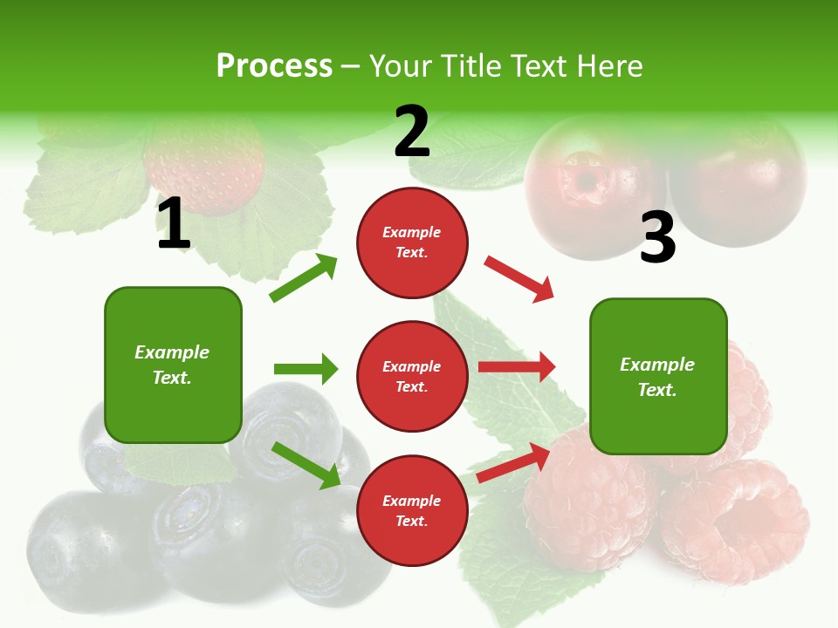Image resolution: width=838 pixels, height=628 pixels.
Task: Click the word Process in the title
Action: point(274,66)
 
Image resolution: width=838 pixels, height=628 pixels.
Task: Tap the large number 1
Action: point(173,224)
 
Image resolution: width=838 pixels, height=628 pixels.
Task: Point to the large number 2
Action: point(412,132)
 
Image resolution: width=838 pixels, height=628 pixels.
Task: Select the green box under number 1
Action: point(173,365)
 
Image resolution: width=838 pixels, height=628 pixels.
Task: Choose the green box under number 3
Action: point(658,376)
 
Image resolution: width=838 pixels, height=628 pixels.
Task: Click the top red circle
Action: point(412,242)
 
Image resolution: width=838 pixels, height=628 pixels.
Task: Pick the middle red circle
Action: point(412,376)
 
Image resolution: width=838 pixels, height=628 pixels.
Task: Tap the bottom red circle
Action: point(412,510)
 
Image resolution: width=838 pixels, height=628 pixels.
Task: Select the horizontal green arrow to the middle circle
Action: point(306,369)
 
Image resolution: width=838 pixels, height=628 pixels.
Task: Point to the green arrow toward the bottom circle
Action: point(306,464)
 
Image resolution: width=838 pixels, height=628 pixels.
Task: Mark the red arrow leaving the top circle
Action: point(519,279)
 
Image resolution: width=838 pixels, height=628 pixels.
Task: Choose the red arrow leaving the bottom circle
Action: point(514,463)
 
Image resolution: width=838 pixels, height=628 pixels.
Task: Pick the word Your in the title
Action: point(399,66)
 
